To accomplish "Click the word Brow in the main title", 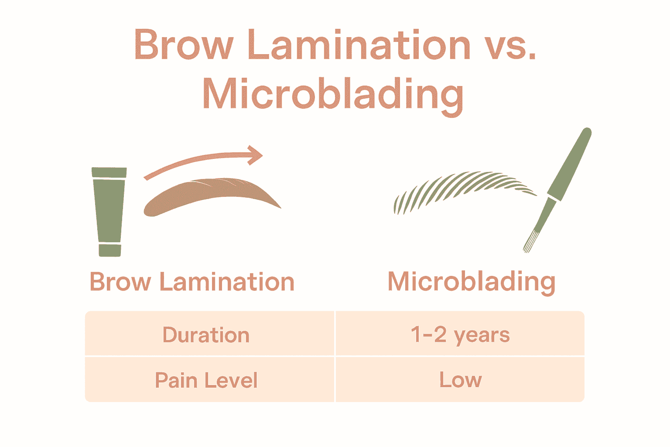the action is point(184,45).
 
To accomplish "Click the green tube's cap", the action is point(109,172).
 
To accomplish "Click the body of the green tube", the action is point(109,210).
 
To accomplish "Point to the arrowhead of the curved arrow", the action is point(255,155).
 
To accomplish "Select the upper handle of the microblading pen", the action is point(570,164).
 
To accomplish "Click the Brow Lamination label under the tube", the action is point(192,282).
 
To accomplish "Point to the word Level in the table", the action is point(231,380).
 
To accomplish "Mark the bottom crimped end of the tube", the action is point(110,250).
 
